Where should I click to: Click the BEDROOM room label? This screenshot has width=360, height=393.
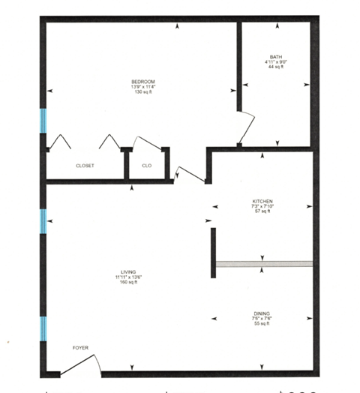[x=142, y=80]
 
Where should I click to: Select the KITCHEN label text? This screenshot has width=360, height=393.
[x=262, y=201]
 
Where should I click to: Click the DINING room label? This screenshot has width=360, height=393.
[x=262, y=313]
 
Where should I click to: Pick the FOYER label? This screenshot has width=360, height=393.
[x=80, y=349]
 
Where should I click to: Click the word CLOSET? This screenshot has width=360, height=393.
[x=85, y=165]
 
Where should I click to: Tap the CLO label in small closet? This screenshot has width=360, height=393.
[x=147, y=165]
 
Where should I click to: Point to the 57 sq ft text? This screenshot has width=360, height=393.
[x=262, y=212]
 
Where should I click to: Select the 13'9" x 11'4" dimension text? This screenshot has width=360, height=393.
[x=142, y=86]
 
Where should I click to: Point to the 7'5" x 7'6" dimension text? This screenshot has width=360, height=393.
[x=262, y=319]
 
